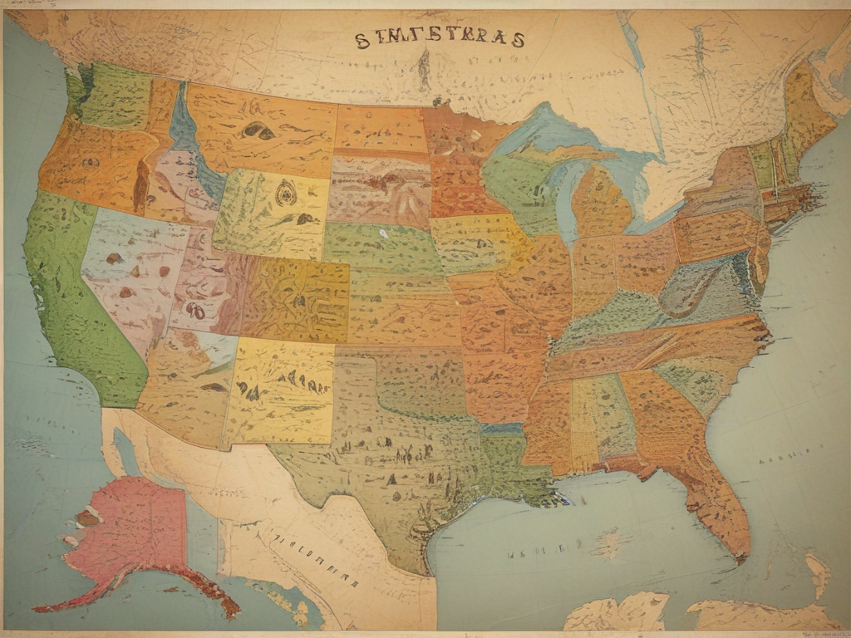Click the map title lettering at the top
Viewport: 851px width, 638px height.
click(x=440, y=39)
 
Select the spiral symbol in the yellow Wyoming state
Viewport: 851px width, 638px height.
click(x=287, y=193)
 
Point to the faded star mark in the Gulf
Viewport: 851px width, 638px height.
click(x=612, y=543)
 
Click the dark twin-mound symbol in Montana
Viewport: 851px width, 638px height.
click(x=258, y=130)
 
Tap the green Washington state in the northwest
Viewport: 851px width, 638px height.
click(x=112, y=96)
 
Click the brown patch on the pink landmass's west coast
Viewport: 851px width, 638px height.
click(x=87, y=518)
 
